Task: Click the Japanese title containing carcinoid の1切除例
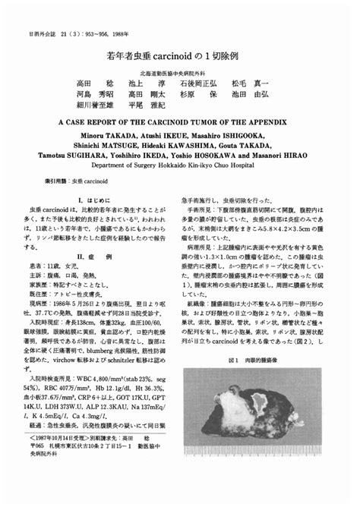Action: point(179,57)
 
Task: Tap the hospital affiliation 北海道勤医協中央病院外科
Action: point(179,71)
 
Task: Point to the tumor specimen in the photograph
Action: point(258,414)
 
